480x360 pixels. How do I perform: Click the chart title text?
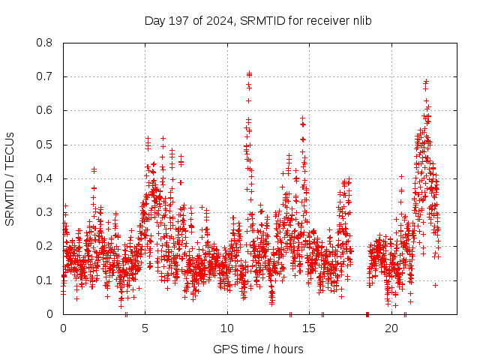click(258, 20)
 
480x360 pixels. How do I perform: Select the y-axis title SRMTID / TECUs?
click(10, 178)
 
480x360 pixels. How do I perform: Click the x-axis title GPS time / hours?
click(258, 349)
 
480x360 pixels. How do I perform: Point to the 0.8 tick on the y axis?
click(46, 43)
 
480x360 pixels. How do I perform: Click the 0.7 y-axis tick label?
click(46, 76)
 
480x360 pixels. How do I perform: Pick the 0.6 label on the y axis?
click(46, 110)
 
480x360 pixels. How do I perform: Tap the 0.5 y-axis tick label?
click(46, 145)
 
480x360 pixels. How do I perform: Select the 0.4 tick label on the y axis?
click(46, 178)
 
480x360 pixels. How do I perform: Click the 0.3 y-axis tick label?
click(46, 212)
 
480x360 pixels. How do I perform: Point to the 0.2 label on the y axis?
click(46, 246)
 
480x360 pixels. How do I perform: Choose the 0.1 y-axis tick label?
click(46, 280)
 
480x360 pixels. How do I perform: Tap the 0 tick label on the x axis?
click(63, 328)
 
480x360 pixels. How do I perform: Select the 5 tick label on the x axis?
click(145, 328)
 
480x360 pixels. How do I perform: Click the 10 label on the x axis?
click(227, 328)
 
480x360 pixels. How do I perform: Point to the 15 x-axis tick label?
click(310, 328)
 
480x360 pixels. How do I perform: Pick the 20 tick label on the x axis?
click(391, 328)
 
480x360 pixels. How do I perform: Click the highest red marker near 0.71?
click(249, 73)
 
